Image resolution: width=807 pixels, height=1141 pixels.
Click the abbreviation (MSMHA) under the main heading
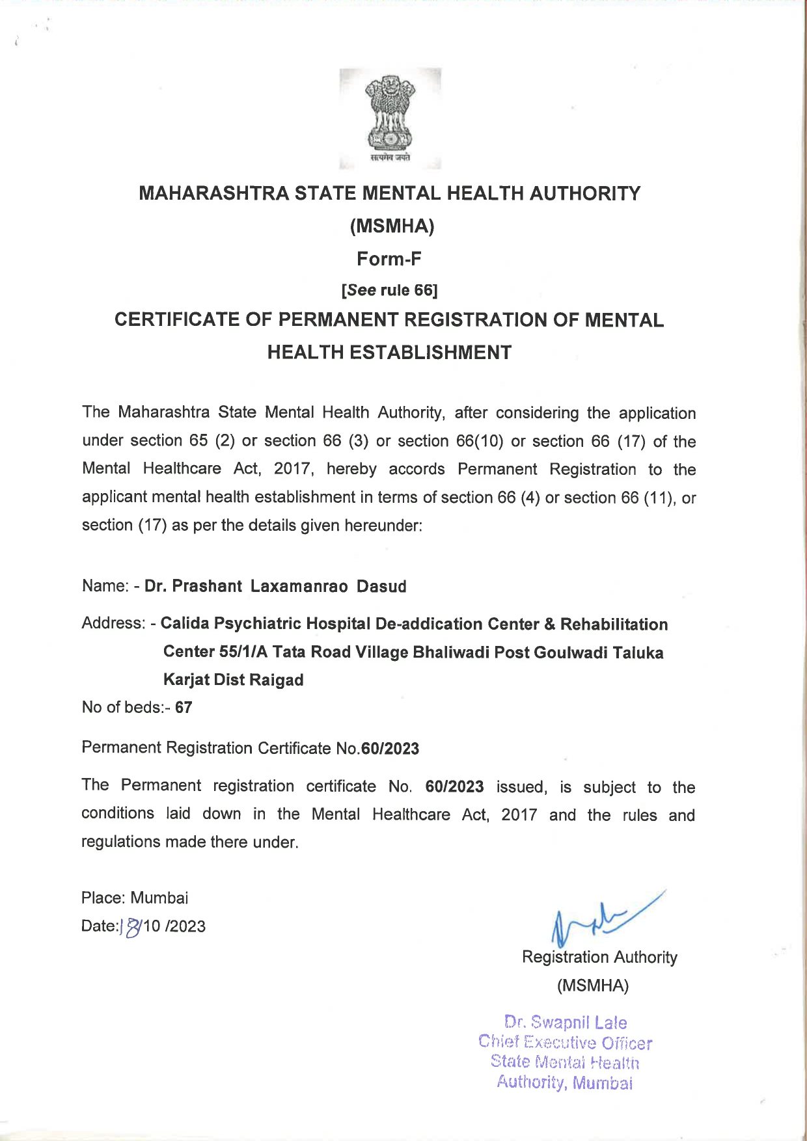click(x=392, y=226)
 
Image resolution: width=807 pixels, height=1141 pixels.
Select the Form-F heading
click(x=389, y=259)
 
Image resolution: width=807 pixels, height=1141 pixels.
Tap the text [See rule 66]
click(x=389, y=290)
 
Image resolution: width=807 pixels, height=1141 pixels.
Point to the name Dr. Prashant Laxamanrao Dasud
click(x=275, y=586)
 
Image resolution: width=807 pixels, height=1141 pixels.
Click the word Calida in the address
click(x=185, y=623)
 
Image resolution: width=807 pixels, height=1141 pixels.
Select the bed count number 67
click(x=184, y=708)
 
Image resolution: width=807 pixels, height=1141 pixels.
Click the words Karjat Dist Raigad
click(x=233, y=680)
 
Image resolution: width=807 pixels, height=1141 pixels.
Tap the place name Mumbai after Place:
click(x=159, y=898)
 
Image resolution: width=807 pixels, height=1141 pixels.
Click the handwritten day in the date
click(x=132, y=926)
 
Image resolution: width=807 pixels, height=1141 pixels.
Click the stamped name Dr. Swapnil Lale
click(x=566, y=1022)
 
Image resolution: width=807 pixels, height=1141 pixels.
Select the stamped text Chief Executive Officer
click(x=565, y=1042)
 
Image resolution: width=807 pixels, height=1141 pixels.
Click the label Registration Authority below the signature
click(x=599, y=957)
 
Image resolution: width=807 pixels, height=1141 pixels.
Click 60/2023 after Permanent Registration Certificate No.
click(x=390, y=749)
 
